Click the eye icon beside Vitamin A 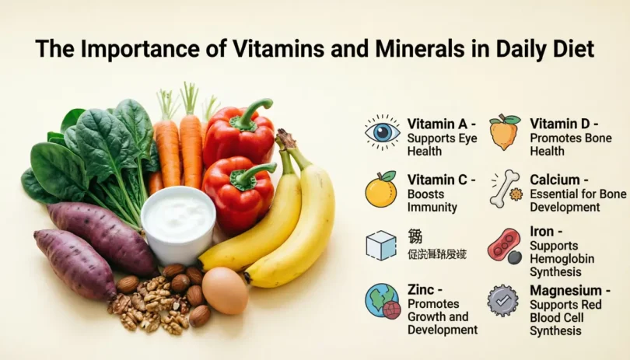click(x=382, y=132)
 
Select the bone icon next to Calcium click(x=505, y=189)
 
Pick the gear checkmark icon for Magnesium click(x=503, y=300)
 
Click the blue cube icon click(x=381, y=245)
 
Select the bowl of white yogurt click(x=178, y=222)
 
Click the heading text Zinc click(x=421, y=290)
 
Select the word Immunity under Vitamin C click(x=432, y=208)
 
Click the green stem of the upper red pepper click(x=252, y=111)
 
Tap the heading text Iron click(x=542, y=232)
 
